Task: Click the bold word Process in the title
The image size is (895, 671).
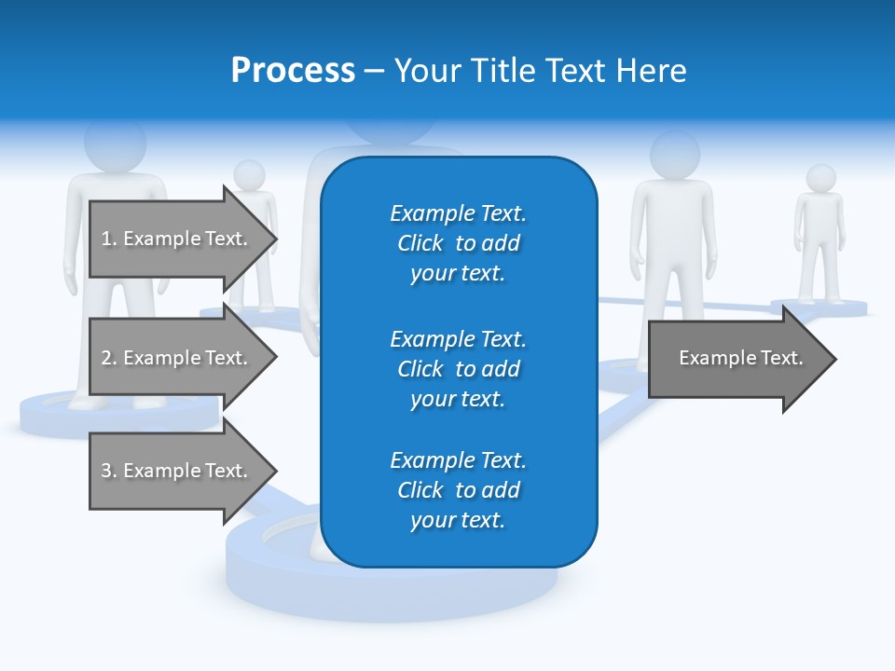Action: (293, 71)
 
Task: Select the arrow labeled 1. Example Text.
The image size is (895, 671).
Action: (177, 239)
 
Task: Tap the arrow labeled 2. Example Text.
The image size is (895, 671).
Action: (177, 358)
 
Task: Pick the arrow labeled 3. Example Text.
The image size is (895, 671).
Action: (177, 471)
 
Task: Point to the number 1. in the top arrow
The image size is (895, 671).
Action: (108, 239)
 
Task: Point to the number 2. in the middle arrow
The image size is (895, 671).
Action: (108, 358)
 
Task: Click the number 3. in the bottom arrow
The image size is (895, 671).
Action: (108, 471)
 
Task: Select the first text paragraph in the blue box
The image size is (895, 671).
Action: (458, 243)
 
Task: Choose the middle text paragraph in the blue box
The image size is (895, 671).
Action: (458, 369)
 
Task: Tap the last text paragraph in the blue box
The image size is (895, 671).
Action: (458, 490)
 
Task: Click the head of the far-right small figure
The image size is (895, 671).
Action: (820, 178)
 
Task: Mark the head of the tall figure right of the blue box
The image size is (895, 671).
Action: (674, 155)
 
